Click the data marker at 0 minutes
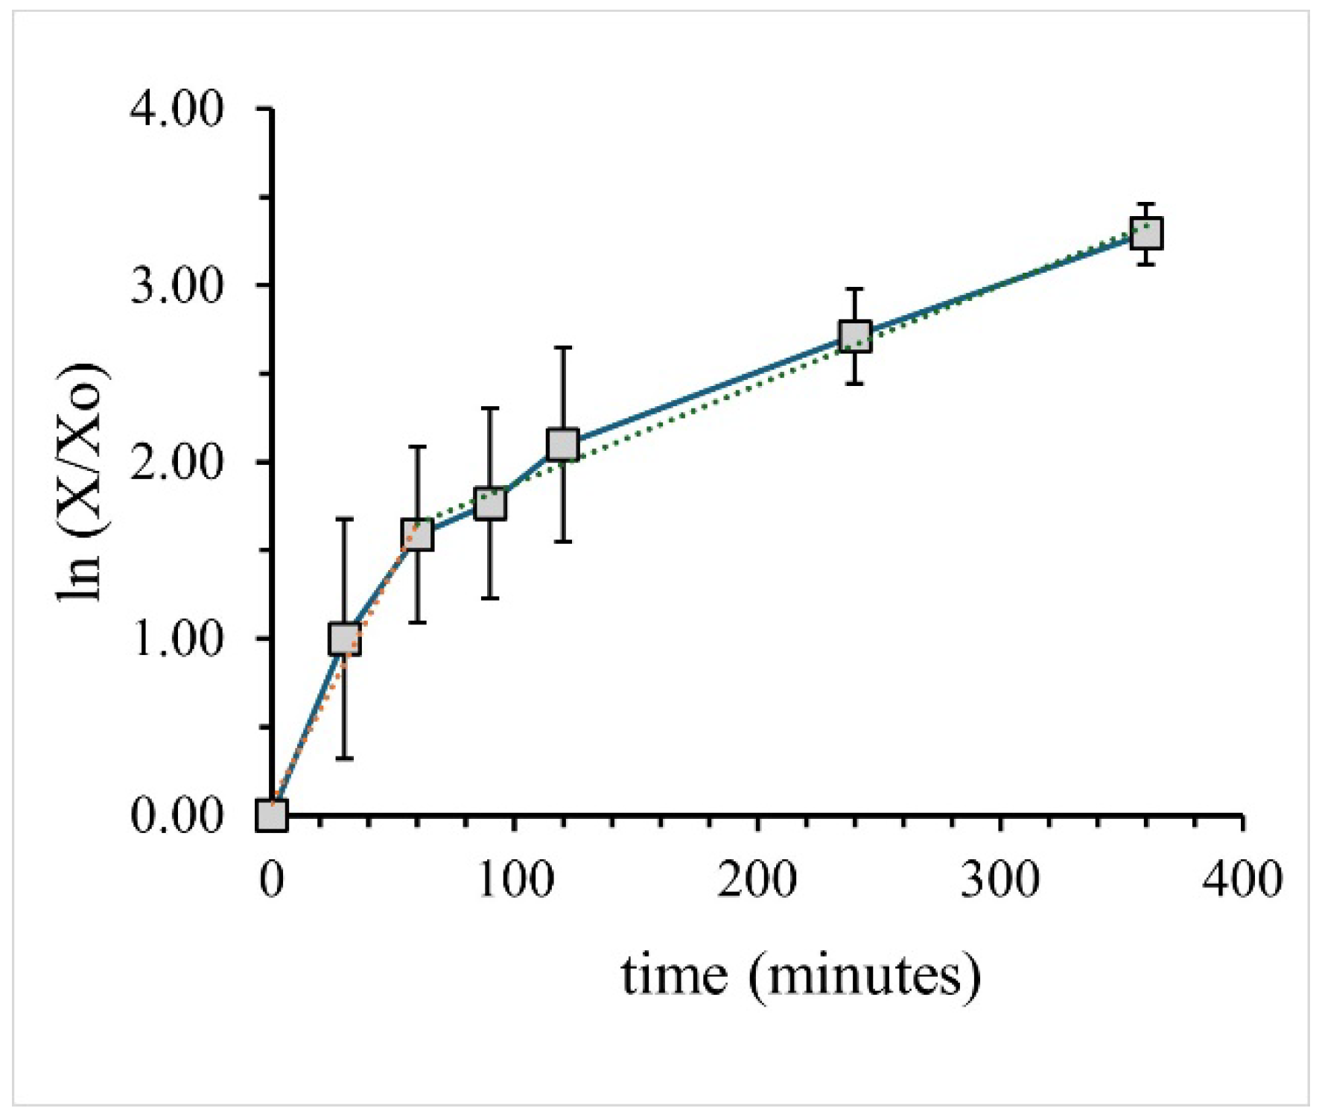(272, 816)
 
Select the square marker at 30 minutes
(345, 639)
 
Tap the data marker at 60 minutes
(417, 534)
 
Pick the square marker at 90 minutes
(490, 504)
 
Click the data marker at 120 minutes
(563, 444)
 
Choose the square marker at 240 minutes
(855, 336)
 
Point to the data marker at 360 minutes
(1147, 234)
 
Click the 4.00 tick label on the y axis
(177, 110)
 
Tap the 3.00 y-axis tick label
(177, 285)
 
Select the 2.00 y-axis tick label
(177, 462)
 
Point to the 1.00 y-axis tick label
(177, 639)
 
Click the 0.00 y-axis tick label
(177, 816)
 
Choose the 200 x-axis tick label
(757, 879)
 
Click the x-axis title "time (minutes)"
(801, 976)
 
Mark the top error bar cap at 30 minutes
(345, 519)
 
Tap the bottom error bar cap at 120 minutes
(563, 542)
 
